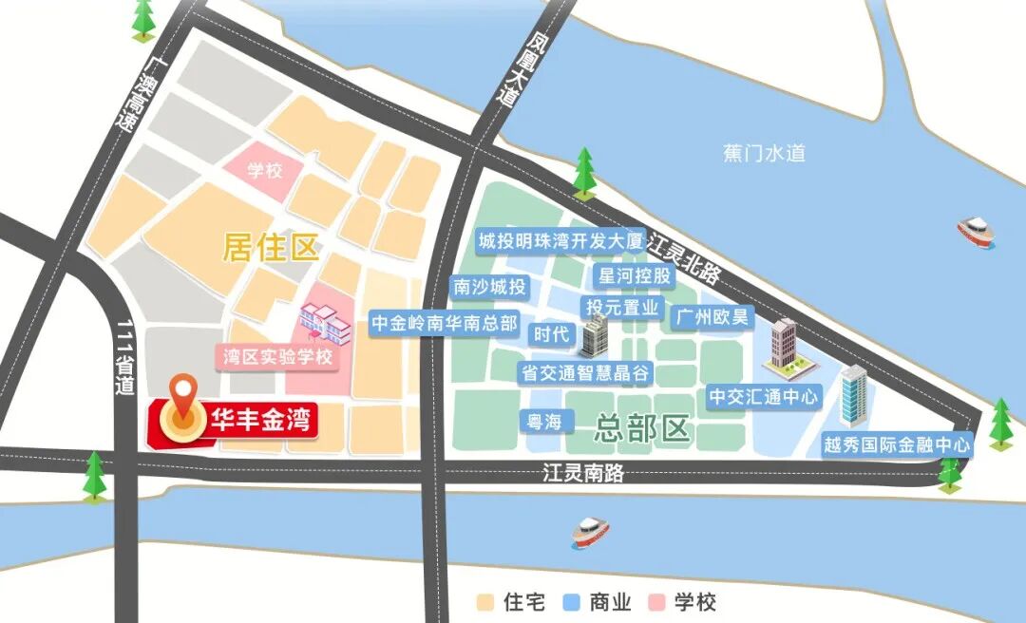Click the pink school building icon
pyautogui.click(x=325, y=324)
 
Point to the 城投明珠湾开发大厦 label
pyautogui.click(x=560, y=240)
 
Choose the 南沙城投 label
pyautogui.click(x=489, y=287)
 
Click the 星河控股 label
pyautogui.click(x=634, y=276)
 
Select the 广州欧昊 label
pyautogui.click(x=712, y=316)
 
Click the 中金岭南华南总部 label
pyautogui.click(x=444, y=322)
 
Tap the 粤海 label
pyautogui.click(x=545, y=421)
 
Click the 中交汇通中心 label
pyautogui.click(x=763, y=396)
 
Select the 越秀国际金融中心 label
pyautogui.click(x=898, y=444)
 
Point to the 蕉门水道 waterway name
pyautogui.click(x=763, y=152)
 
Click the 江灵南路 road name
pyautogui.click(x=583, y=472)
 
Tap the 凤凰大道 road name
pyautogui.click(x=511, y=69)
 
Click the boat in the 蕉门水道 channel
pyautogui.click(x=975, y=231)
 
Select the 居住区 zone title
pyautogui.click(x=269, y=248)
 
